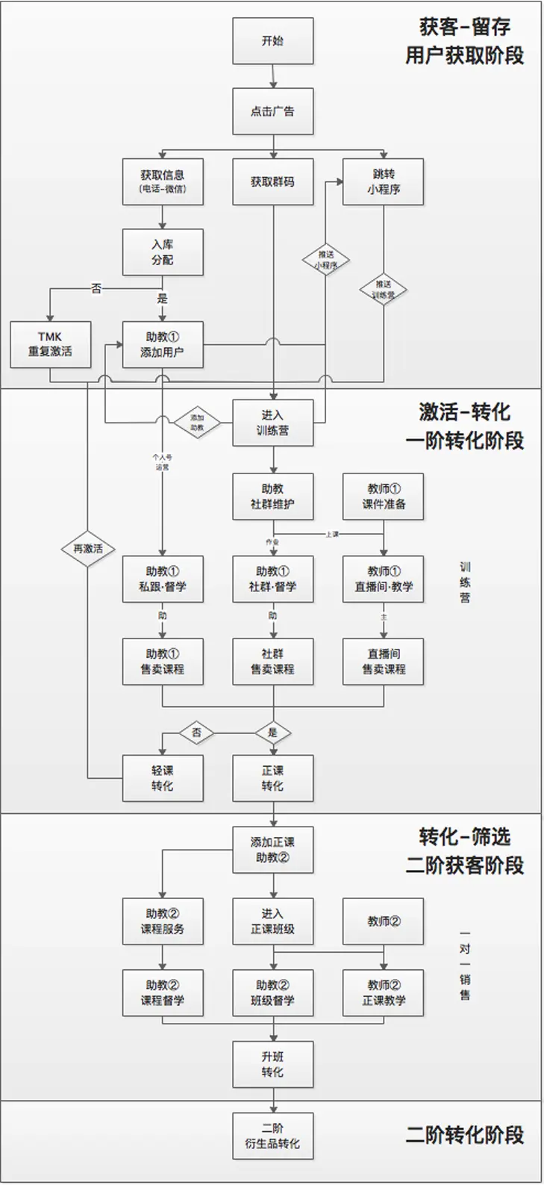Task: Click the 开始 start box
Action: click(x=272, y=41)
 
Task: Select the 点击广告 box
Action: click(x=272, y=111)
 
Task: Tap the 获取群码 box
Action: click(x=272, y=181)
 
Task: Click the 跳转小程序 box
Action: click(x=384, y=181)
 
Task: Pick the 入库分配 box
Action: click(x=163, y=252)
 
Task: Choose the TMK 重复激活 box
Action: click(x=51, y=344)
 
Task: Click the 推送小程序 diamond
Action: click(x=326, y=259)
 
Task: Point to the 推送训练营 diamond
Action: click(x=384, y=289)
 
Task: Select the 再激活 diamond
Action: click(x=88, y=549)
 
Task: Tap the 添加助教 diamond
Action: click(x=197, y=423)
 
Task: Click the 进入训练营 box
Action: click(x=272, y=423)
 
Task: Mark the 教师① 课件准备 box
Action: click(x=384, y=496)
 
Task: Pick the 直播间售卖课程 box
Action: click(x=384, y=662)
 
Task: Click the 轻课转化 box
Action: click(x=163, y=778)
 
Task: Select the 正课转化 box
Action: click(x=272, y=778)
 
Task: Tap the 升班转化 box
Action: click(x=272, y=1065)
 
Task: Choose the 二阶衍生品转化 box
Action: click(x=272, y=1136)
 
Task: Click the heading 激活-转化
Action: click(x=464, y=412)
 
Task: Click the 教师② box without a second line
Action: click(x=384, y=921)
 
